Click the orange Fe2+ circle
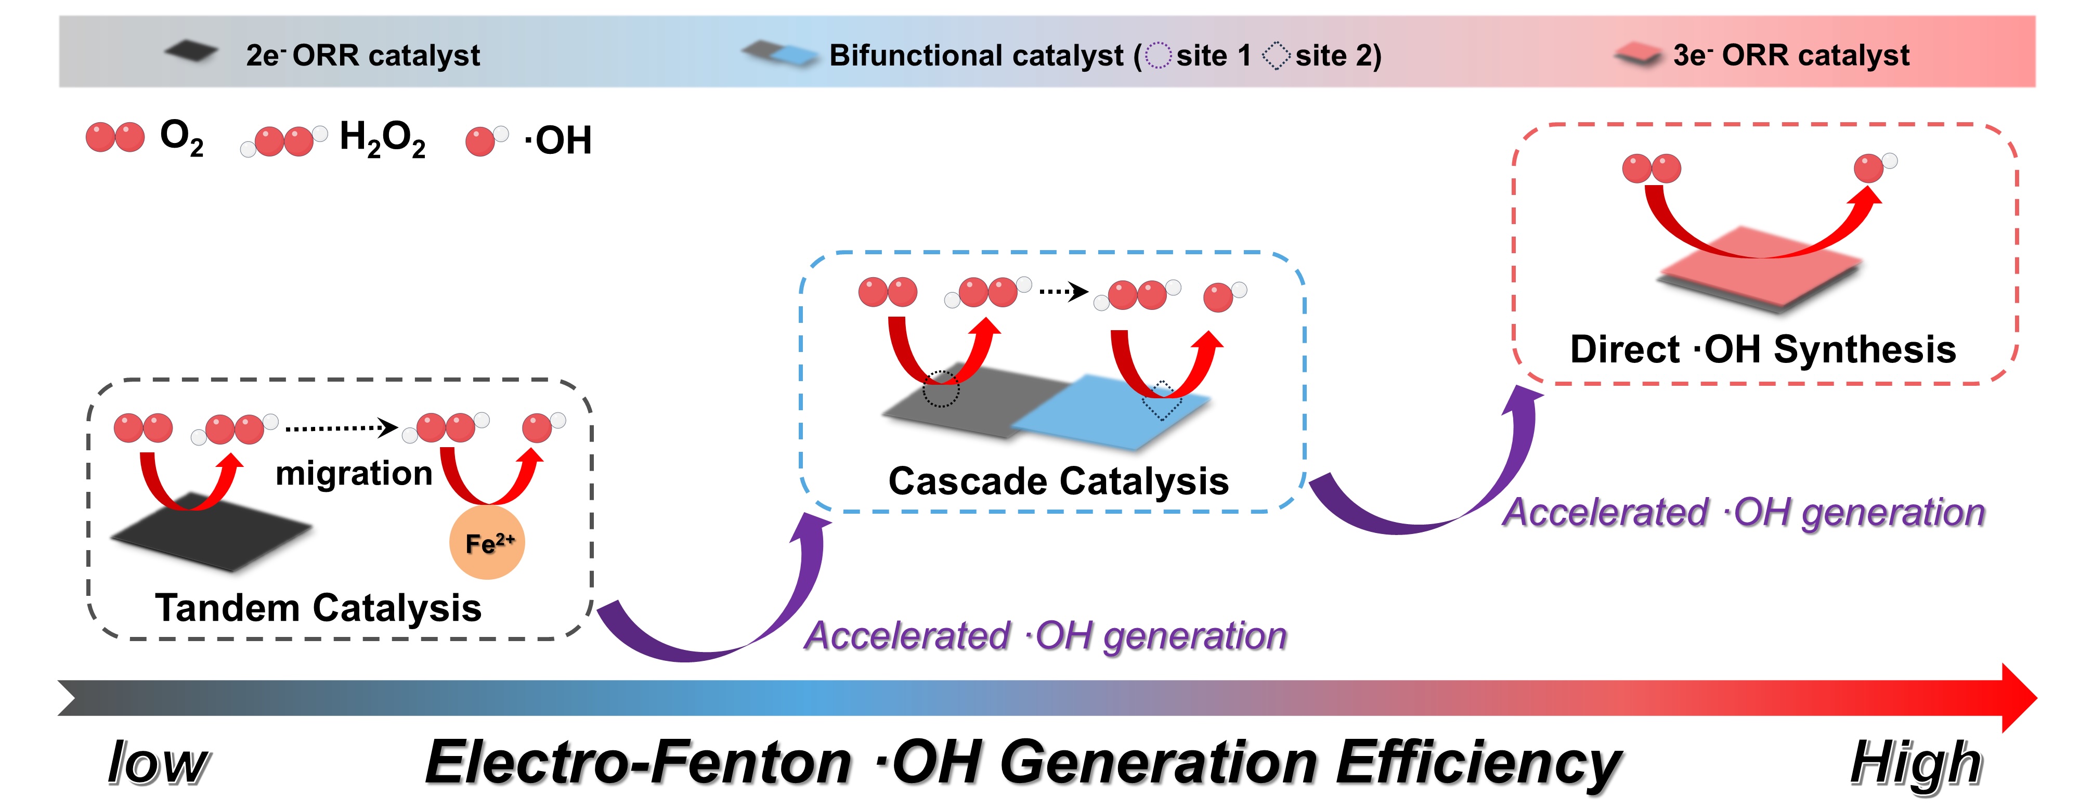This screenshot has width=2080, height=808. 487,542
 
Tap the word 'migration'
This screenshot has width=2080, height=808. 354,474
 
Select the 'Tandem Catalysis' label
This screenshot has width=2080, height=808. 318,608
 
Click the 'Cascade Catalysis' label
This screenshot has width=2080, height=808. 1059,481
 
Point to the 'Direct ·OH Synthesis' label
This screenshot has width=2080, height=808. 1763,349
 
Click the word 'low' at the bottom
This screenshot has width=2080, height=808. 158,762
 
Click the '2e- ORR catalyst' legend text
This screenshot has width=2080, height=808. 362,55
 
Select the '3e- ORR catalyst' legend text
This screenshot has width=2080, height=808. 1791,55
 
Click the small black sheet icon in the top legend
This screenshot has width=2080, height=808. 191,53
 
